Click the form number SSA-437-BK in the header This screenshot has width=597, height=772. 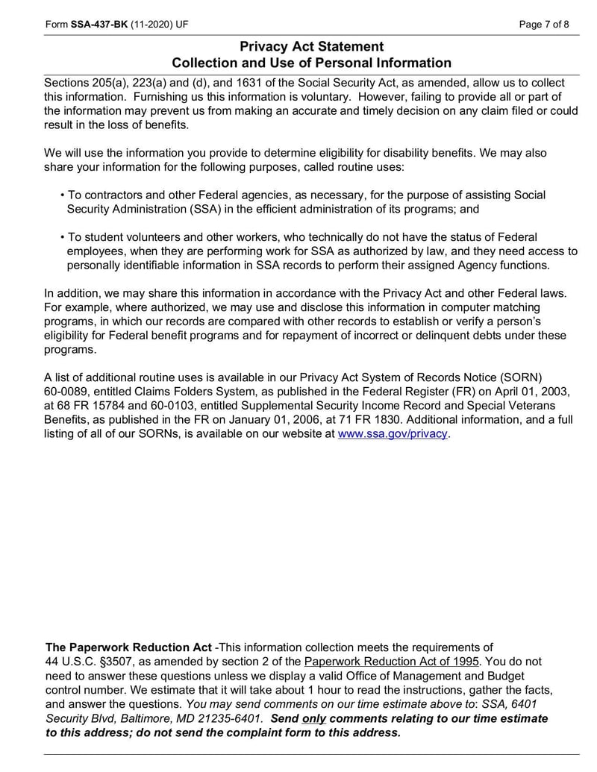[x=99, y=24]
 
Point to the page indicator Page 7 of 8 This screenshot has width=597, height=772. [x=544, y=24]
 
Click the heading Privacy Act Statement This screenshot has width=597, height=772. [x=311, y=47]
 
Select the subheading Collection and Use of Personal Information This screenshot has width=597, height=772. [x=311, y=63]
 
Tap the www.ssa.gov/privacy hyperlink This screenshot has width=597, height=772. [x=393, y=433]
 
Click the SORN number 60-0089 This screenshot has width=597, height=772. [x=66, y=391]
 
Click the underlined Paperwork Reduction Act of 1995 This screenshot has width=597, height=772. [x=393, y=662]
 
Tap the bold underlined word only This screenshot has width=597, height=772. [x=313, y=718]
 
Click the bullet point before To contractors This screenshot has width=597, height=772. [x=63, y=195]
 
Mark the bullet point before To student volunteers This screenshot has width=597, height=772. [x=63, y=238]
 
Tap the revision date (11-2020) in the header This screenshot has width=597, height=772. [x=151, y=24]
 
